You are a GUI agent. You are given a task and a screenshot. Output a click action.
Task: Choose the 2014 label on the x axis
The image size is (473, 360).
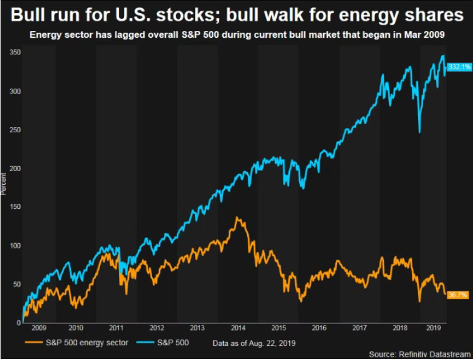pos(237,329)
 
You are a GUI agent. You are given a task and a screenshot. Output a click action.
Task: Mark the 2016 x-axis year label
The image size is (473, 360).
pos(318,329)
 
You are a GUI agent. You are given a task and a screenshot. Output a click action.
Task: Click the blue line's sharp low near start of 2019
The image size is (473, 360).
pos(419,132)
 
